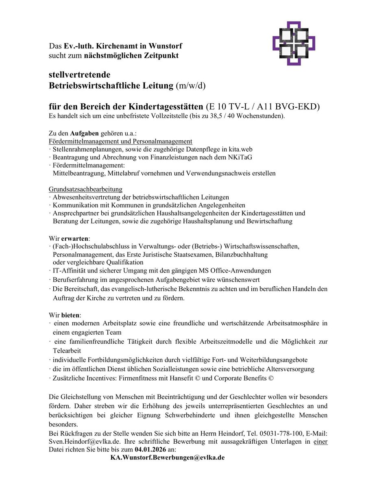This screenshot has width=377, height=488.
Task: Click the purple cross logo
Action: click(294, 44)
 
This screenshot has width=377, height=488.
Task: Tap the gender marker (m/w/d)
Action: click(191, 85)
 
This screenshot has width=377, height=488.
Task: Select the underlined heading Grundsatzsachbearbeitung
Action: click(85, 189)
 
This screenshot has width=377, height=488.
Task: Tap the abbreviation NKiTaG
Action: click(239, 157)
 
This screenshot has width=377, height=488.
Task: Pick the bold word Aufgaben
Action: click(82, 133)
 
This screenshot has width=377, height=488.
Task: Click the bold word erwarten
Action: click(75, 238)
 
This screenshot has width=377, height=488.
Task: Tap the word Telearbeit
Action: click(67, 350)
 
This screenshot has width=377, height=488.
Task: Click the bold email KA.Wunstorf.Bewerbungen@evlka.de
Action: click(168, 457)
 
